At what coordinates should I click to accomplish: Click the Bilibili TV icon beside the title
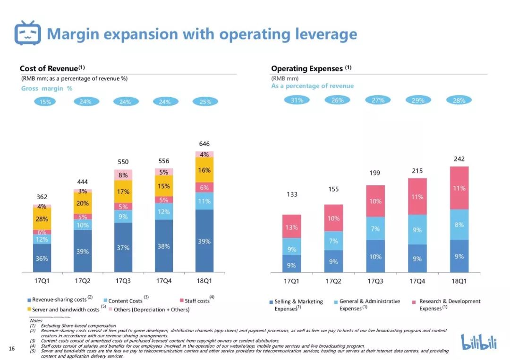click(x=28, y=33)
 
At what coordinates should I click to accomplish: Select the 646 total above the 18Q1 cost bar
click(x=204, y=144)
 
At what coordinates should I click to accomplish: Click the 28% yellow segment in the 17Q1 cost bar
click(x=42, y=219)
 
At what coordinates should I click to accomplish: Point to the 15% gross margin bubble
click(x=46, y=101)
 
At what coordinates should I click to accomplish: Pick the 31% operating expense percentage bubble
click(x=297, y=100)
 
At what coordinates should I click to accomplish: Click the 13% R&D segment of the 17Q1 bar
click(x=291, y=227)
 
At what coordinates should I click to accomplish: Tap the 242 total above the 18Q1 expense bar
click(x=459, y=159)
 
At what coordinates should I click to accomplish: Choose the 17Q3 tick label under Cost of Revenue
click(x=123, y=281)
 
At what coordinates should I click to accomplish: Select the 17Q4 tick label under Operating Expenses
click(x=417, y=281)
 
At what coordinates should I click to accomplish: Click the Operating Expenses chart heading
click(x=307, y=68)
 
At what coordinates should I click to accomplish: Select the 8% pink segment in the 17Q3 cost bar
click(x=123, y=175)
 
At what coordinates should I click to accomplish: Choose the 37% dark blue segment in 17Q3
click(x=123, y=248)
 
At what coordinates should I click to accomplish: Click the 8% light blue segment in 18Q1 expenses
click(x=459, y=225)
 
